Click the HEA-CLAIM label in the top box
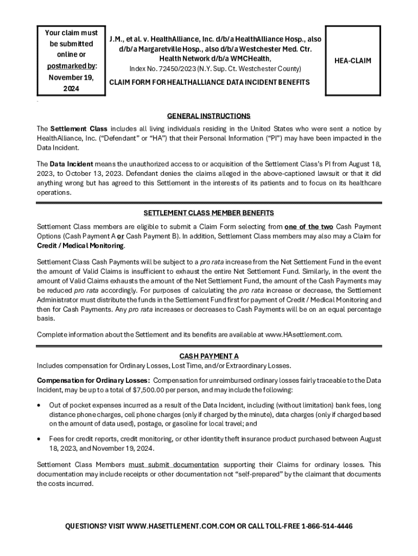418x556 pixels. tap(352, 61)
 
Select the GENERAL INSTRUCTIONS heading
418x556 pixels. tap(209, 116)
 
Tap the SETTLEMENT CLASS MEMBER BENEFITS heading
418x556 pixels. tap(209, 212)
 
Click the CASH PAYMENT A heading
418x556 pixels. tap(209, 356)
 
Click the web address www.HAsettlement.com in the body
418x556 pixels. tap(303, 334)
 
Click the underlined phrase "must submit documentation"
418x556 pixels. tap(174, 464)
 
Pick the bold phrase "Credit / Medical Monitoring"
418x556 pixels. tap(80, 246)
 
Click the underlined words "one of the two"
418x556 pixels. tap(309, 226)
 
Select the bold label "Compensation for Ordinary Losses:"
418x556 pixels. tap(93, 381)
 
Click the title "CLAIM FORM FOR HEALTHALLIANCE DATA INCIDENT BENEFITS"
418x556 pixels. tap(210, 82)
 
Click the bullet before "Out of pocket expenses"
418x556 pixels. tap(39, 405)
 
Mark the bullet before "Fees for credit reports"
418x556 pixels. tap(39, 439)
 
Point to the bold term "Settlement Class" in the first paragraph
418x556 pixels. tap(79, 129)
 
